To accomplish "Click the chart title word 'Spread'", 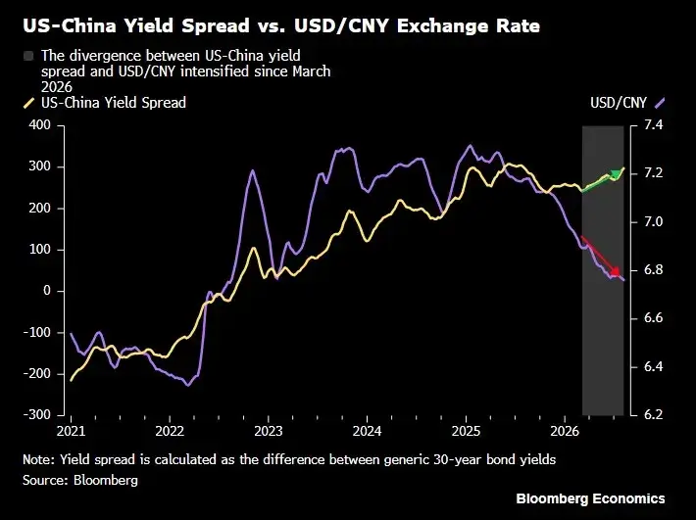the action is (216, 26).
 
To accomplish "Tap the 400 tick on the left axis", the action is (40, 125).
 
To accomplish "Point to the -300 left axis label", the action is (37, 414).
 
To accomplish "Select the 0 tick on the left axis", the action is (47, 291).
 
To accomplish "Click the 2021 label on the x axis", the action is (71, 431).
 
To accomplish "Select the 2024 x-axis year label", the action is (367, 431).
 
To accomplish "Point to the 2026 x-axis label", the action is (565, 431).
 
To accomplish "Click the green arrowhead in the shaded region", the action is (616, 174).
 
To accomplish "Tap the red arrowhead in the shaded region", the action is (616, 271).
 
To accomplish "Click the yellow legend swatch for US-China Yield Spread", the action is (28, 103).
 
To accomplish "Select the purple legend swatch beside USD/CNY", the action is (660, 103).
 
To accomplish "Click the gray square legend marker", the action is (28, 56).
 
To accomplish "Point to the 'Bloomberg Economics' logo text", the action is (590, 498).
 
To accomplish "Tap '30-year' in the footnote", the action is (456, 459).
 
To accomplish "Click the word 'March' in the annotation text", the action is (311, 71).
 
